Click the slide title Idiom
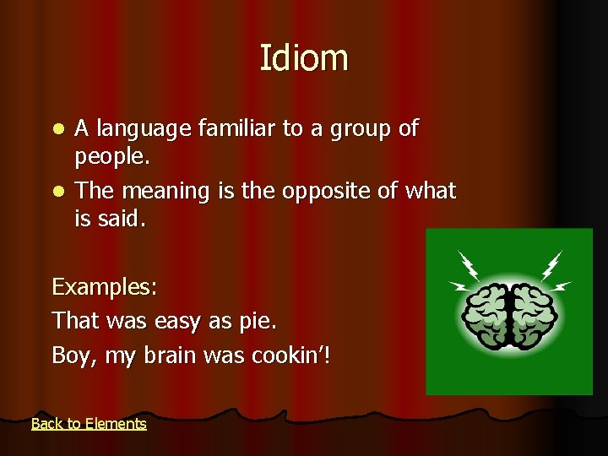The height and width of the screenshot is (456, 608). [303, 58]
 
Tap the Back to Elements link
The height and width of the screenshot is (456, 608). [89, 424]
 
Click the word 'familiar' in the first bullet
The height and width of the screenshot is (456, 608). [235, 128]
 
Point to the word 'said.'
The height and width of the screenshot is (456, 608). [122, 220]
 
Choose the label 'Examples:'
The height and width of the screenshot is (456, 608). [105, 288]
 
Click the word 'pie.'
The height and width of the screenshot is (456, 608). [257, 322]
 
